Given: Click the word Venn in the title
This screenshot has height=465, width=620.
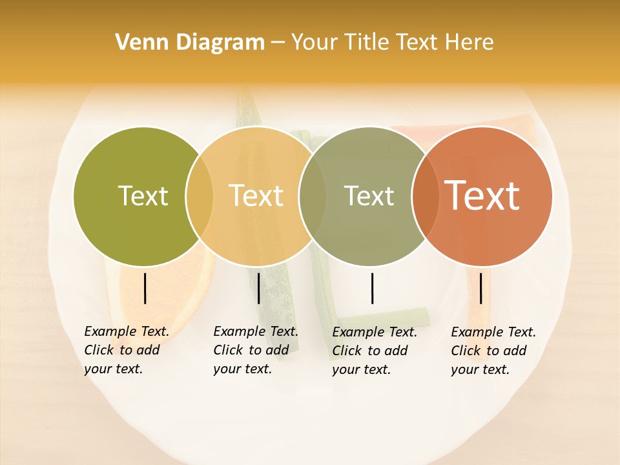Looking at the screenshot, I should [138, 43].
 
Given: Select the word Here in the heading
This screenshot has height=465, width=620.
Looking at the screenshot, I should [470, 43].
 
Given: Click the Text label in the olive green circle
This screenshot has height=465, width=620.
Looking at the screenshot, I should [143, 196].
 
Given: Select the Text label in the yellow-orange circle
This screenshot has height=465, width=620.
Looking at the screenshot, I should [256, 196].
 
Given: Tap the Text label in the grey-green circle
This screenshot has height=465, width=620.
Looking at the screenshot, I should [369, 196].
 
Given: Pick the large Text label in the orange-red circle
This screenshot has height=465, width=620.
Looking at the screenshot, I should [482, 196].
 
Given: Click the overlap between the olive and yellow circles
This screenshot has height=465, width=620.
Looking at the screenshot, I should [200, 196].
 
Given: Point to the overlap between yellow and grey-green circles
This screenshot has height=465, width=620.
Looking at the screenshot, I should [313, 196].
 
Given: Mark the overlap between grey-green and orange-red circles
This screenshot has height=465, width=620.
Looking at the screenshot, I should [426, 196].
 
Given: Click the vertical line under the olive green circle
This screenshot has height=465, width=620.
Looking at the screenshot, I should [145, 288].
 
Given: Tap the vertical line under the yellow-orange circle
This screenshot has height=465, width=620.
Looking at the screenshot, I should [258, 288].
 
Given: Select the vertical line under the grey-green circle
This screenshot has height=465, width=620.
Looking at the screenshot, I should [372, 288].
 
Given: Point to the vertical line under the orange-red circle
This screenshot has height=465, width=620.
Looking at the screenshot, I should [480, 288].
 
